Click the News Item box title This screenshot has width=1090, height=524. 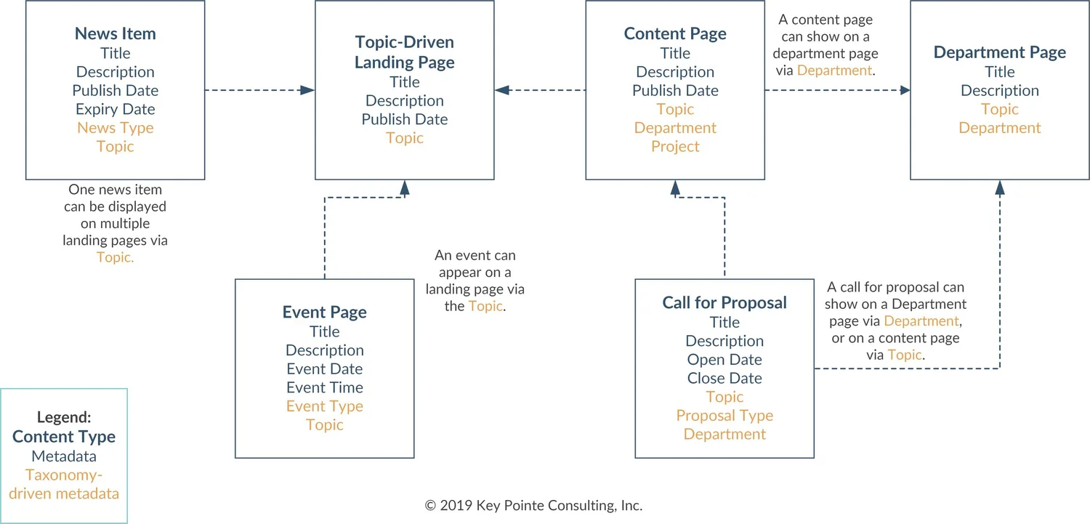(116, 33)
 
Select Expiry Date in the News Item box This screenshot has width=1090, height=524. (116, 109)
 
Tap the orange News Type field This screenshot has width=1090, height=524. (116, 128)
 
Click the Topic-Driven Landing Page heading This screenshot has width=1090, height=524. (404, 52)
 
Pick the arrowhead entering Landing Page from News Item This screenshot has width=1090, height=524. (308, 90)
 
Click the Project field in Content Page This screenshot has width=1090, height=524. (675, 146)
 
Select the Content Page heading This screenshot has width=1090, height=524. (675, 33)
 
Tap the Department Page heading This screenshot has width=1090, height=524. (999, 52)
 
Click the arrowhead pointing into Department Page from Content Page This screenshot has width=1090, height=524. (905, 90)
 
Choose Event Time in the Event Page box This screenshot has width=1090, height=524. (325, 387)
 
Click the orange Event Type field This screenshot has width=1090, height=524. (325, 406)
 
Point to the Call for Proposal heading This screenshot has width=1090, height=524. (724, 303)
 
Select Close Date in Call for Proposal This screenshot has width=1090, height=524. (724, 378)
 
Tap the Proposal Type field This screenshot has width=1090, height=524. (724, 416)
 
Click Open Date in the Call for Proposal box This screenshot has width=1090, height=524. (724, 359)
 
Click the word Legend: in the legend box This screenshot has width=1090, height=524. (64, 418)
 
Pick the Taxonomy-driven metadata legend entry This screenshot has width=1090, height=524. (64, 485)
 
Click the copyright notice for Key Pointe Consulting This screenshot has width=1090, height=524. (533, 505)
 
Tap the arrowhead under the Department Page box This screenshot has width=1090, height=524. (999, 188)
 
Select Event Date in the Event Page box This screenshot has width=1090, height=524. (325, 368)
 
